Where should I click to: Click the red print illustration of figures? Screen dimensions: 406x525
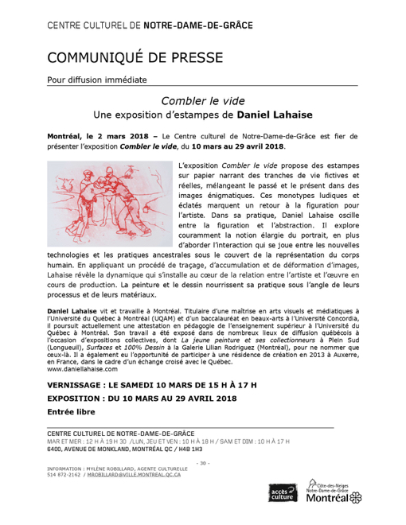[x=110, y=204]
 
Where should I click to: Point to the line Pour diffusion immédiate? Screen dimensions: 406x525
[x=97, y=80]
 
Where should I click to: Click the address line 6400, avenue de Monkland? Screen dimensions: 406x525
[x=125, y=449]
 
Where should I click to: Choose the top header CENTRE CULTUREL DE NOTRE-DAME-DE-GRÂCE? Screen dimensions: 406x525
[x=150, y=25]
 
